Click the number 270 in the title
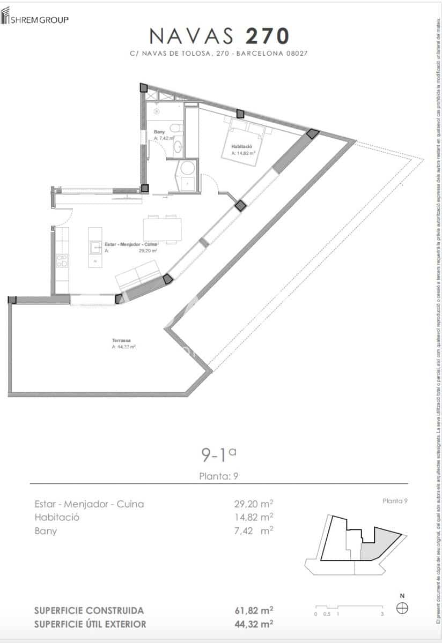pyautogui.click(x=267, y=36)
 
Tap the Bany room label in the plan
pyautogui.click(x=159, y=131)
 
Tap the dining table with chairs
pyautogui.click(x=163, y=229)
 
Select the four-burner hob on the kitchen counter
pyautogui.click(x=62, y=261)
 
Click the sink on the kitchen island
pyautogui.click(x=95, y=247)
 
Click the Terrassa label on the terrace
pyautogui.click(x=121, y=340)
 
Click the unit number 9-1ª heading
pyautogui.click(x=218, y=455)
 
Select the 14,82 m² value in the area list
pyautogui.click(x=254, y=517)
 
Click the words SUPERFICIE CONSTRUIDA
pyautogui.click(x=89, y=610)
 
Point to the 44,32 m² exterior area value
pyautogui.click(x=254, y=624)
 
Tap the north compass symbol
pyautogui.click(x=402, y=608)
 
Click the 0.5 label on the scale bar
pyautogui.click(x=327, y=614)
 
